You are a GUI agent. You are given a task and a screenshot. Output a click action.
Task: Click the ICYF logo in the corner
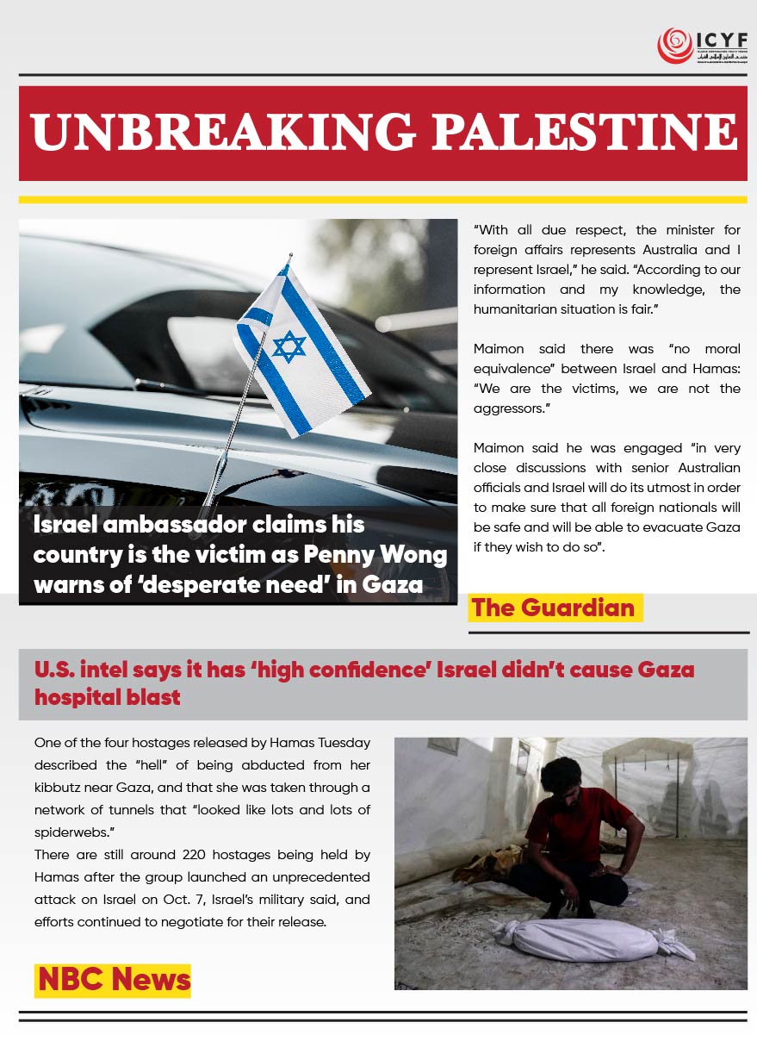[702, 46]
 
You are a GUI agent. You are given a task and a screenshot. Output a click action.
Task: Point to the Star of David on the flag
[289, 346]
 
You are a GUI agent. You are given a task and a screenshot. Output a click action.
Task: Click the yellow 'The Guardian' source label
[553, 608]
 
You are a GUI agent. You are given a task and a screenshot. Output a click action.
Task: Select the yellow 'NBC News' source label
[114, 979]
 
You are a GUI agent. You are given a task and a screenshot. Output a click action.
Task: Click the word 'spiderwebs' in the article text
[72, 832]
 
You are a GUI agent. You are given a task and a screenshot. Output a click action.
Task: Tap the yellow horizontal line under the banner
[382, 199]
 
